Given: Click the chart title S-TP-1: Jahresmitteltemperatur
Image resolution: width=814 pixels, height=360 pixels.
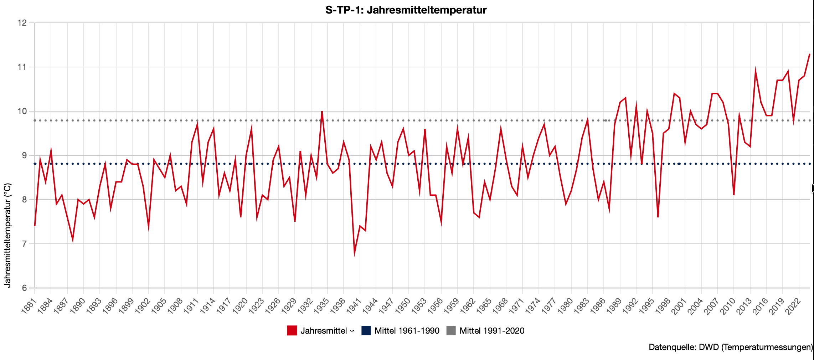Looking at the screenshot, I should pos(406,10).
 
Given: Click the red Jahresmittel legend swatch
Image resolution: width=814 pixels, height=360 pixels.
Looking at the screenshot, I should pos(292,331).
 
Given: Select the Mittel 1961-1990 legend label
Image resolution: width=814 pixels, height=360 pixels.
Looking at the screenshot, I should pos(407,331).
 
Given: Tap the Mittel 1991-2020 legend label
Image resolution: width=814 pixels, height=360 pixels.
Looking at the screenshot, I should pos(492,331).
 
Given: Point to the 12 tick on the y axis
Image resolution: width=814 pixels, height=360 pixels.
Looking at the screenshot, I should pos(22,23).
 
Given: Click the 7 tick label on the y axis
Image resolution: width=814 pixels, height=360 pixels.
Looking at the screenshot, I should pos(24,244).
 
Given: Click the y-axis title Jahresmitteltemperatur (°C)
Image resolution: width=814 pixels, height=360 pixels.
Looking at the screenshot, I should pos(8,235).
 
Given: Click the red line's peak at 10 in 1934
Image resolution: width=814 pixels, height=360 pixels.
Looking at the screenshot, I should pos(322,112).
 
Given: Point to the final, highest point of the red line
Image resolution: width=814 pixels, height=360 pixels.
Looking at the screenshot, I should pos(810,54).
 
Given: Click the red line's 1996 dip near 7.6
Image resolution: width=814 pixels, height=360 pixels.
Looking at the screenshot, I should pos(658,217).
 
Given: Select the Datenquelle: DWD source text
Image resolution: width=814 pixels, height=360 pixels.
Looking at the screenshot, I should pos(731,347).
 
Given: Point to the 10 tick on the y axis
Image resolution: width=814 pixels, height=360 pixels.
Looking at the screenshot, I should pos(22,111).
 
